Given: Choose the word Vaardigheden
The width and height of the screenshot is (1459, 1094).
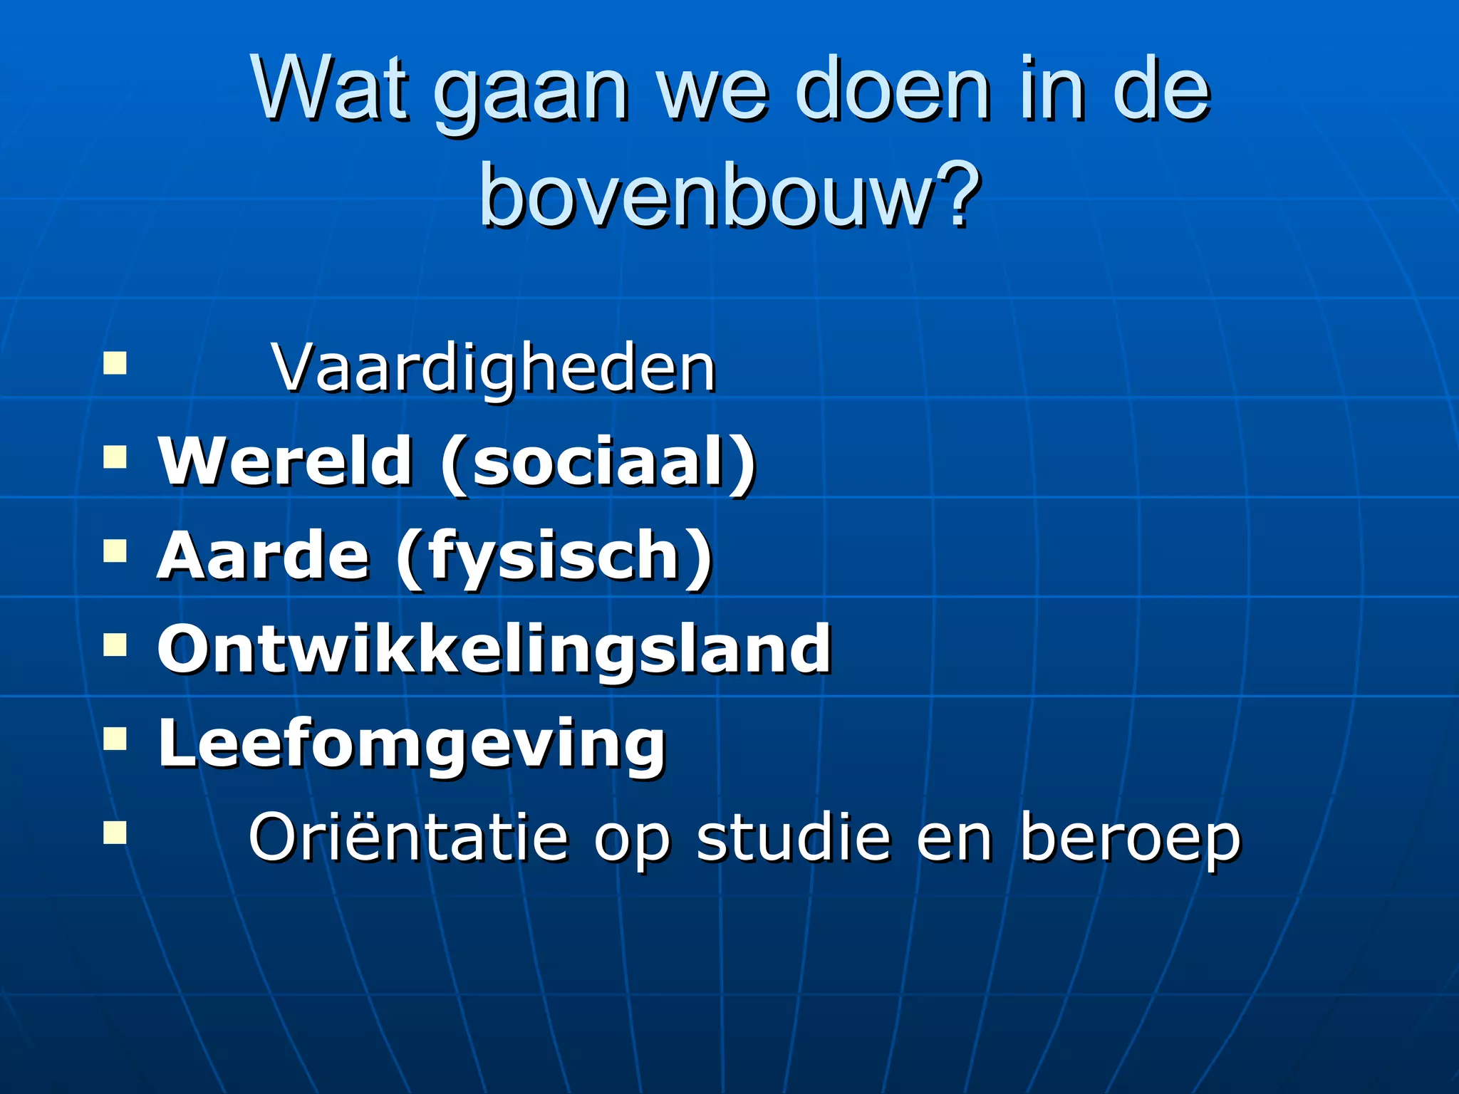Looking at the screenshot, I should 494,370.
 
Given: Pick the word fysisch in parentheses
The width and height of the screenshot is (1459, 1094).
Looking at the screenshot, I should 554,558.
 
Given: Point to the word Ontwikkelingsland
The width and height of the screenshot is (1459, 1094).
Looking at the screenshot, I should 494,649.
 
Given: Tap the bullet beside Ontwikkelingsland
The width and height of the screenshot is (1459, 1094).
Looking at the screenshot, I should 115,645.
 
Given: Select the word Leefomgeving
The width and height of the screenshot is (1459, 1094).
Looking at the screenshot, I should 411,745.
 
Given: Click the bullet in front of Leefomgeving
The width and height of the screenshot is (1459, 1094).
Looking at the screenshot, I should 115,739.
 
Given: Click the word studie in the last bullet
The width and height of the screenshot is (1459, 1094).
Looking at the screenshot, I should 793,838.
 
